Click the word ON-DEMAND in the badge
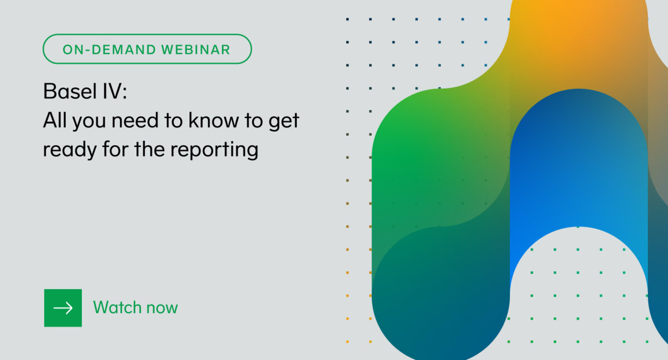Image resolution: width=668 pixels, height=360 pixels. point(109,50)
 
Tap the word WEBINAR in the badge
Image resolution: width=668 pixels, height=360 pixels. point(195,50)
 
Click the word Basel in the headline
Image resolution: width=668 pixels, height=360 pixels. point(70,91)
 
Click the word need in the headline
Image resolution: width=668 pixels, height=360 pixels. point(135,120)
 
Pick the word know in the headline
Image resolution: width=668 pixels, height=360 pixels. point(214,120)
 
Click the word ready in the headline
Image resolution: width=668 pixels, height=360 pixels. point(70,150)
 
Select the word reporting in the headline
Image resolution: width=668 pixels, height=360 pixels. point(214,150)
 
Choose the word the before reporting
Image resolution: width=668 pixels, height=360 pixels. point(149,149)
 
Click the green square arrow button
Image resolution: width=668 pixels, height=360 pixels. point(63,308)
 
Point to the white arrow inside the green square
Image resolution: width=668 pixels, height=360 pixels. point(63,308)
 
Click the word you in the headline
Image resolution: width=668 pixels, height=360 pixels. point(89,122)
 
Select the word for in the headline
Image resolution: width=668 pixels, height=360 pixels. point(115,149)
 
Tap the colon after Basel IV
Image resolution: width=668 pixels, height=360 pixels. point(125,92)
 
